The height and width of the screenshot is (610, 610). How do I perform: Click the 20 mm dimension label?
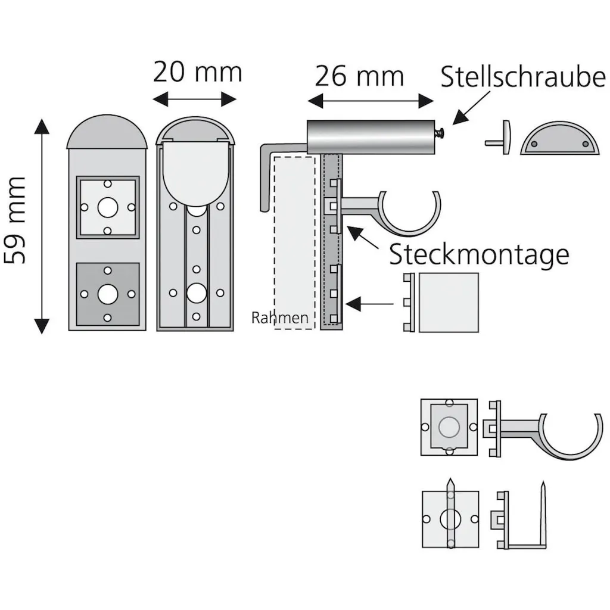click(x=198, y=72)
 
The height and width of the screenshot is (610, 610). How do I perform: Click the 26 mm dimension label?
click(x=359, y=76)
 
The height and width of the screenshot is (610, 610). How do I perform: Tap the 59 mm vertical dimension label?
click(x=15, y=220)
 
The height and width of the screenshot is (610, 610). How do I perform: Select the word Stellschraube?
click(x=523, y=76)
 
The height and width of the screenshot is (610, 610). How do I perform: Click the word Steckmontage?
click(x=480, y=255)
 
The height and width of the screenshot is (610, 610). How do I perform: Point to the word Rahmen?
click(x=280, y=318)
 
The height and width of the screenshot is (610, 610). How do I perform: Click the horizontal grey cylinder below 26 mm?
click(x=371, y=137)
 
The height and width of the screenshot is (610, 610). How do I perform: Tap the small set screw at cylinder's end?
click(x=441, y=133)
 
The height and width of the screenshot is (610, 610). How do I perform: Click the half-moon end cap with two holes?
click(x=559, y=138)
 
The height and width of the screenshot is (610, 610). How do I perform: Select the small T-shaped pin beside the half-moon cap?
click(x=499, y=138)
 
